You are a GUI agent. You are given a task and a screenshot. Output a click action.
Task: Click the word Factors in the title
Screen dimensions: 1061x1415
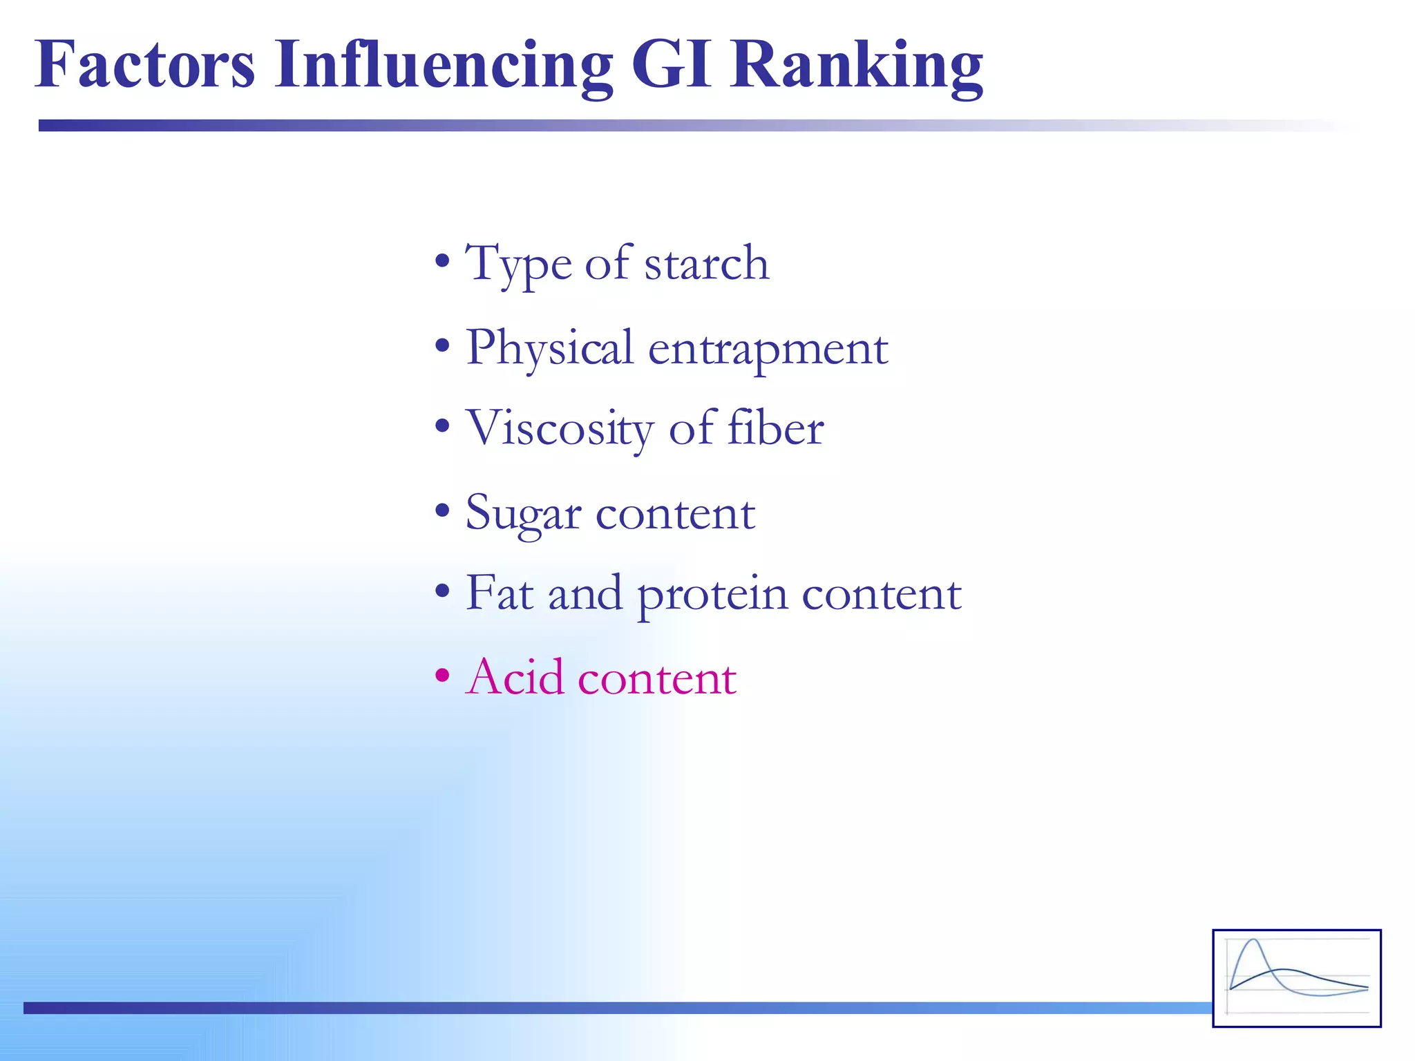tap(145, 65)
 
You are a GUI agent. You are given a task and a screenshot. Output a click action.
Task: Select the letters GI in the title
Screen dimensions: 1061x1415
tap(671, 65)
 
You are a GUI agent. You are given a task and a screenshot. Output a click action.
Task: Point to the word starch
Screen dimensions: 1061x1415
tap(706, 265)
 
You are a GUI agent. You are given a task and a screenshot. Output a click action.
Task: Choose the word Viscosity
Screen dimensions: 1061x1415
tap(559, 429)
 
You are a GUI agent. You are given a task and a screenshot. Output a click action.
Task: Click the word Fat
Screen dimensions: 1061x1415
tap(499, 594)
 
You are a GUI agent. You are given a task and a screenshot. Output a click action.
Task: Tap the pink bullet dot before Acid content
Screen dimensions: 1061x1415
tap(442, 676)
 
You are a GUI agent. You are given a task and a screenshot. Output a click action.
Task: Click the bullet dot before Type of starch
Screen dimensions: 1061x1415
tap(442, 263)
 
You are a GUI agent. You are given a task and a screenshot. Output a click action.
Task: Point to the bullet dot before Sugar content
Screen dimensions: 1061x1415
tap(442, 512)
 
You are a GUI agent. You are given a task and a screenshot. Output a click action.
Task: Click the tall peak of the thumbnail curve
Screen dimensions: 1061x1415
tap(1253, 941)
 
